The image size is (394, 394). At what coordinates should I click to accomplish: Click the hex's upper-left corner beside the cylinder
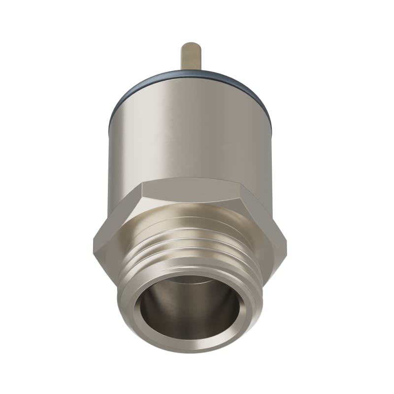tap(143, 183)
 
